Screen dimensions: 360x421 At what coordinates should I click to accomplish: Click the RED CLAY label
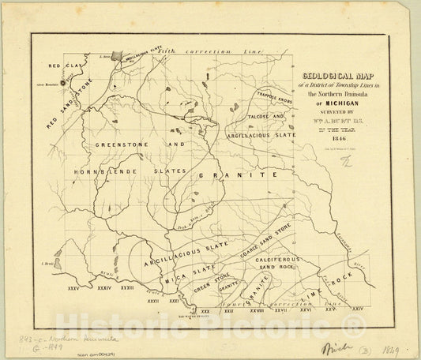tap(61, 67)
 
